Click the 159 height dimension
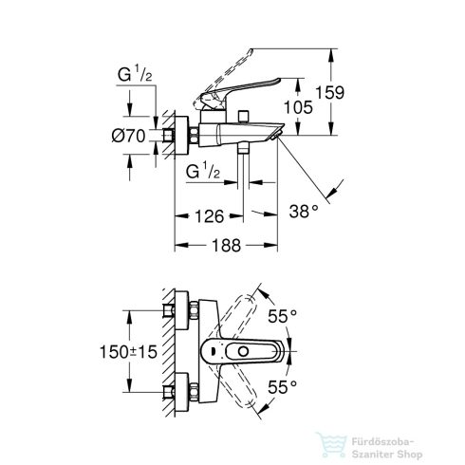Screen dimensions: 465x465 tap(355, 94)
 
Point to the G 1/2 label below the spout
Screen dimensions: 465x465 tap(204, 172)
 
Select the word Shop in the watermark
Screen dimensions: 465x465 tap(442, 446)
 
